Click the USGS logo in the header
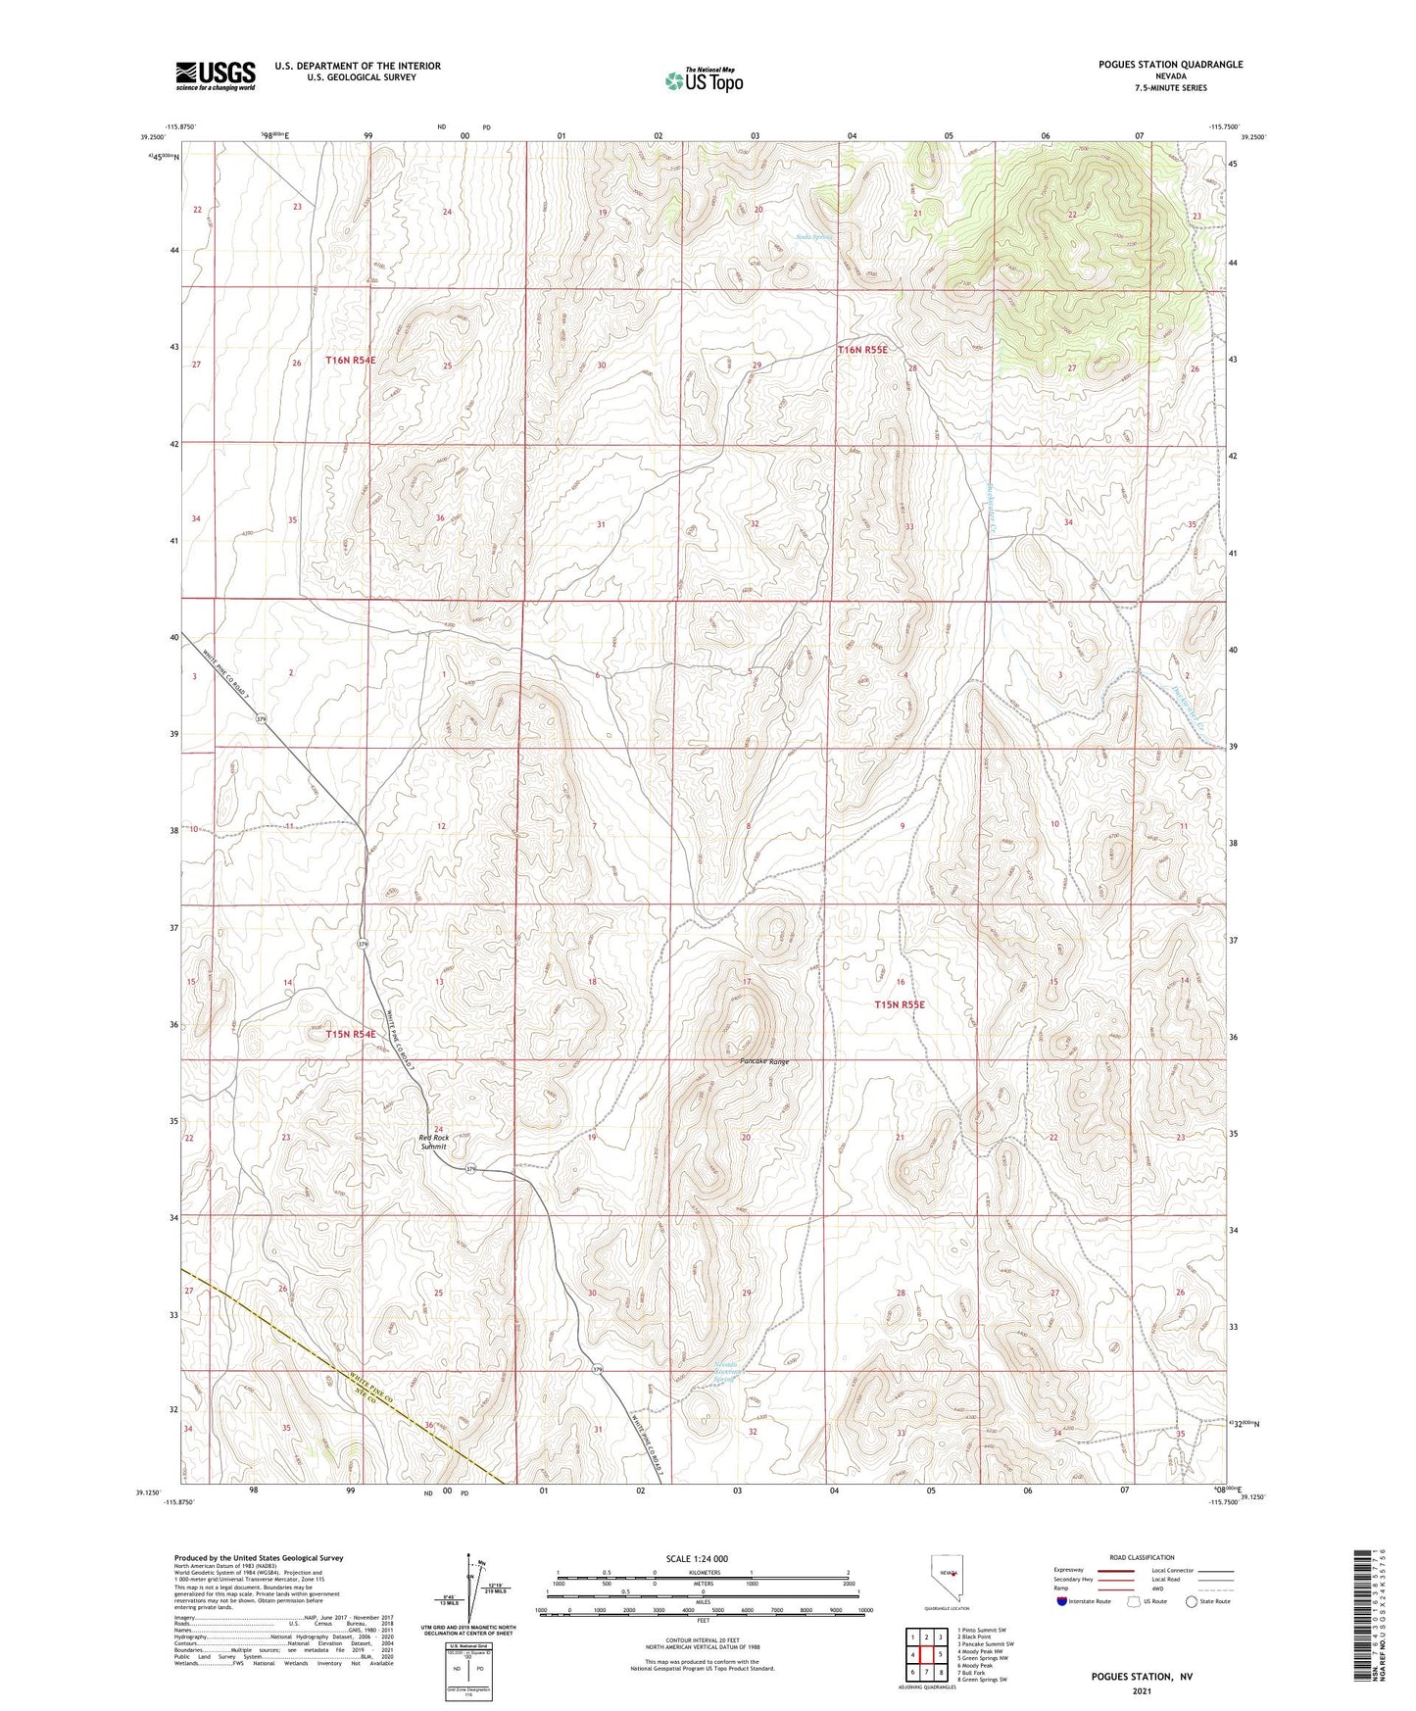pyautogui.click(x=216, y=75)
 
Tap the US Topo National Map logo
pyautogui.click(x=704, y=80)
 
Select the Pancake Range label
pyautogui.click(x=764, y=1061)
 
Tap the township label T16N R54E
pyautogui.click(x=351, y=361)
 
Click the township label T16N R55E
pyautogui.click(x=862, y=350)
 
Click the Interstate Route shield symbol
pyautogui.click(x=1062, y=1601)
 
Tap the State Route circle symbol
pyautogui.click(x=1192, y=1601)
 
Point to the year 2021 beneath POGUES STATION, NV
pyautogui.click(x=1142, y=1690)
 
